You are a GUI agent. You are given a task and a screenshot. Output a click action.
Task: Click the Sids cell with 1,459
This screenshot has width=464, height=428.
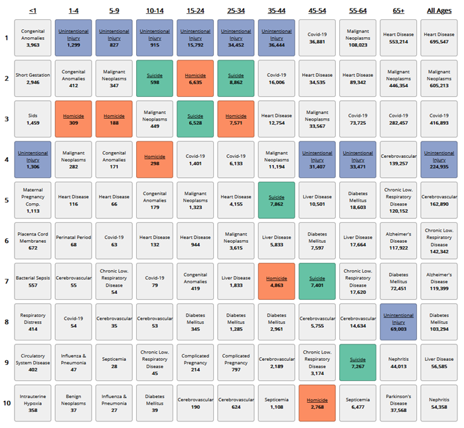33,119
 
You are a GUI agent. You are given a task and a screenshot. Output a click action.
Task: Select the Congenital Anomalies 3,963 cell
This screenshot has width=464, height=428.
33,38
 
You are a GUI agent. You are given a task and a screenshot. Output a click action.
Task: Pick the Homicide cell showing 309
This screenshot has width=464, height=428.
73,119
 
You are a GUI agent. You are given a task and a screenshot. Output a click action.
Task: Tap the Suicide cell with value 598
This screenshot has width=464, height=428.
155,78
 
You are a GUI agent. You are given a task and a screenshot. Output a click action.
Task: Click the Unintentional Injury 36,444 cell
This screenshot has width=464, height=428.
276,38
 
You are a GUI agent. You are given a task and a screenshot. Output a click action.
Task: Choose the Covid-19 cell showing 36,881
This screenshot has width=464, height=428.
317,38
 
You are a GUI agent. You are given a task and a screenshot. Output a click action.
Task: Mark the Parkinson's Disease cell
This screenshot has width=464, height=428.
398,403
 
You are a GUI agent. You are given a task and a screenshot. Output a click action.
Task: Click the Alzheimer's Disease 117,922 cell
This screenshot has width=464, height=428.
398,240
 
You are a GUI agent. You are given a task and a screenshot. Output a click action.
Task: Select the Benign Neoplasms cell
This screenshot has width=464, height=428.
73,403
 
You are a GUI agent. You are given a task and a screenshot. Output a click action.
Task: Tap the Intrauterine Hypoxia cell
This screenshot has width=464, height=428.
33,403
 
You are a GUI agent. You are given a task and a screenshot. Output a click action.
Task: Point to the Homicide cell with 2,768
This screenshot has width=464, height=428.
317,403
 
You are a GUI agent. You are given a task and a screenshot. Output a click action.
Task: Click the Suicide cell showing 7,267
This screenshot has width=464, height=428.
358,362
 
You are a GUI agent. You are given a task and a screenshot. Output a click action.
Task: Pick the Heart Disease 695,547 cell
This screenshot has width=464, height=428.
439,38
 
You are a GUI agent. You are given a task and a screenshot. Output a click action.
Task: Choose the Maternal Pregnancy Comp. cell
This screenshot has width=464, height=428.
33,200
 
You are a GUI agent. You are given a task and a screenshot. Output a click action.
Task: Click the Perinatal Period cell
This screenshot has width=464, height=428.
73,240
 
